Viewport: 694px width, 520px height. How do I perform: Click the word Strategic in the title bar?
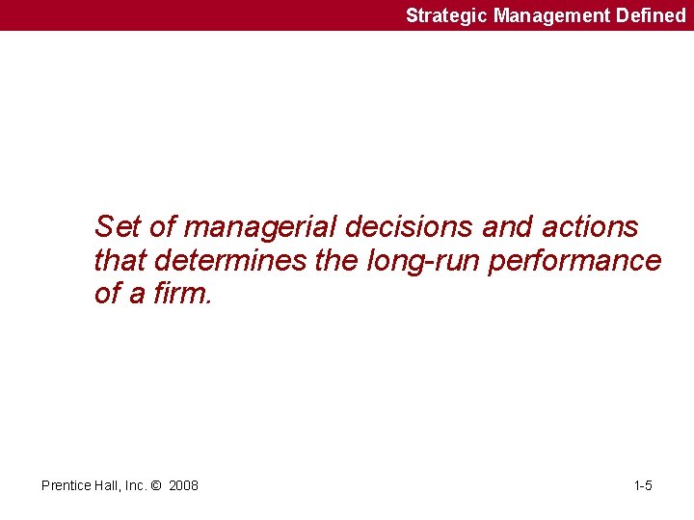[x=447, y=15]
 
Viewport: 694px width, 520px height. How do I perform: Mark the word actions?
[x=590, y=227]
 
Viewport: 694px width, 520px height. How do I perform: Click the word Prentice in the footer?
[x=67, y=485]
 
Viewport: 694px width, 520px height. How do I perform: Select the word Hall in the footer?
[x=109, y=485]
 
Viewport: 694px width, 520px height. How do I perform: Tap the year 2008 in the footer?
[x=183, y=485]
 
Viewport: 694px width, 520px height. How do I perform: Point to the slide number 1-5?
[x=643, y=485]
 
